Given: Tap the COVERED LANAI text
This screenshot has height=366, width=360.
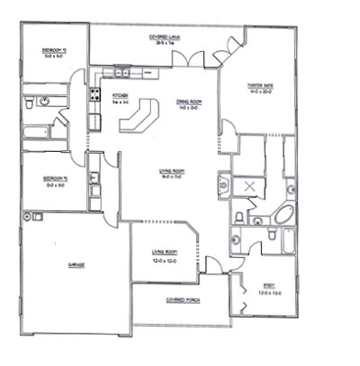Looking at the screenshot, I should (165, 38).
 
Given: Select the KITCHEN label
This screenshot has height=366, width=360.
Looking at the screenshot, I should (119, 95).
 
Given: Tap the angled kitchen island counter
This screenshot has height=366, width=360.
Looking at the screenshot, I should (141, 115).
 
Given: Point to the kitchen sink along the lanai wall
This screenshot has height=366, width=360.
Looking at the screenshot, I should (120, 73).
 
